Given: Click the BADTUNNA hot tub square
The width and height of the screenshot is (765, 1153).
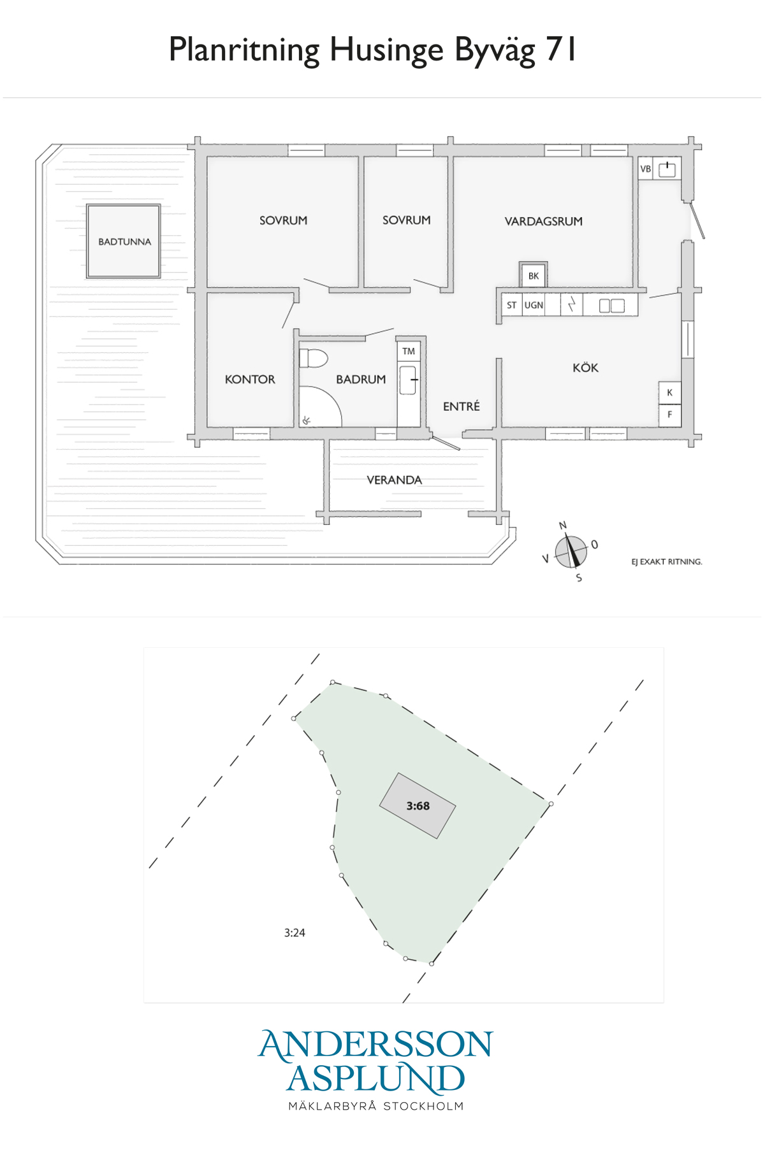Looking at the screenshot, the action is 123,241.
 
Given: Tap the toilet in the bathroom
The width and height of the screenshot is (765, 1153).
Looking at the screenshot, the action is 313,358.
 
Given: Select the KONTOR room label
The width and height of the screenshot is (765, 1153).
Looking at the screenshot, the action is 250,379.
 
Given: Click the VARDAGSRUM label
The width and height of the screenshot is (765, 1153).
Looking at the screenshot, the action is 543,221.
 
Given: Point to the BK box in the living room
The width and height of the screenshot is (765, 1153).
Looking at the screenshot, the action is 533,275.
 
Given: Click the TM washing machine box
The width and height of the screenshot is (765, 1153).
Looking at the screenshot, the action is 409,351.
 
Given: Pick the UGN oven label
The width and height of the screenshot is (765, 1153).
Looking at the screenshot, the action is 534,305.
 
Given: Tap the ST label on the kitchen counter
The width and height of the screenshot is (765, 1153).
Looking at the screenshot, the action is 511,305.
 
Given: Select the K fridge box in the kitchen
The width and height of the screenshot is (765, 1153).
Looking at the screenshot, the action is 669,392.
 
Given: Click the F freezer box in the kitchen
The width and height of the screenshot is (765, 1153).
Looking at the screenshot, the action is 669,415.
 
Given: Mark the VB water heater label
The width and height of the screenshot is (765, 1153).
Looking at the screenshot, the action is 645,169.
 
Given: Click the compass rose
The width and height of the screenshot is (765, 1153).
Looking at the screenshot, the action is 571,552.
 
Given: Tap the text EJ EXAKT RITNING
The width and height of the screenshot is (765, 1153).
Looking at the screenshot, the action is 667,561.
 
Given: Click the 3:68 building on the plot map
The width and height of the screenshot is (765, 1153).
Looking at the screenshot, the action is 418,806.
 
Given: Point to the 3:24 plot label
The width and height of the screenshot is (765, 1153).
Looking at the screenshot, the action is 295,933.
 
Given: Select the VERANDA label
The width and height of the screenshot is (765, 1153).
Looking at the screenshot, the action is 394,480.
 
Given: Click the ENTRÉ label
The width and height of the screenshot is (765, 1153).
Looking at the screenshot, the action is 462,406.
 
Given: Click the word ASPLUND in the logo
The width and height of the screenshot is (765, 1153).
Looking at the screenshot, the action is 375,1078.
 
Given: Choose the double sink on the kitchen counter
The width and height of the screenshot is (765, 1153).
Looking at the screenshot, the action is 611,306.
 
